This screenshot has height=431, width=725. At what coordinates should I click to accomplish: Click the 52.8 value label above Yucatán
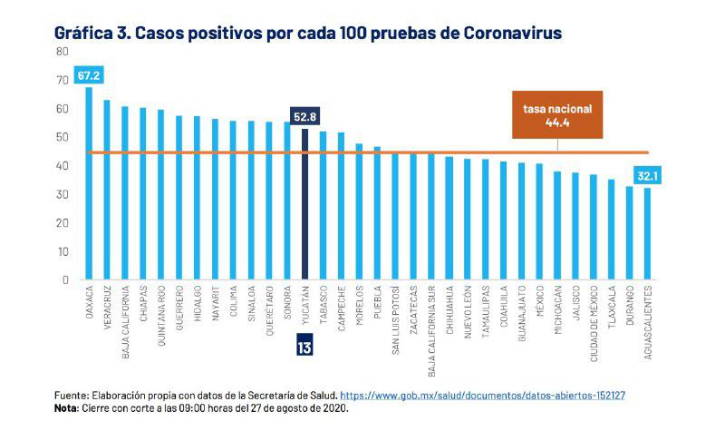[x=304, y=116]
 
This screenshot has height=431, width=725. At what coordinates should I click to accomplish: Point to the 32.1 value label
[x=647, y=175]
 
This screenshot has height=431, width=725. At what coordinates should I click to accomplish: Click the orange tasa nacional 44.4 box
[x=557, y=114]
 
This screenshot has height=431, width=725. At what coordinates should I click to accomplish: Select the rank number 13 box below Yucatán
[x=304, y=346]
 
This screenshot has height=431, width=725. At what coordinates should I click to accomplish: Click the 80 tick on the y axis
[x=63, y=52]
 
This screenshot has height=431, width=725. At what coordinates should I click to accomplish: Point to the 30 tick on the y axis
[x=63, y=194]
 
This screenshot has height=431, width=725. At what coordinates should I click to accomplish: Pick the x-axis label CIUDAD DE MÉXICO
[x=594, y=324]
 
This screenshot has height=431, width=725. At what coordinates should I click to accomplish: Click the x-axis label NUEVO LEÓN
[x=468, y=312]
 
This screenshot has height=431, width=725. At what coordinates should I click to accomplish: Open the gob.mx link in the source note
[x=498, y=396]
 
